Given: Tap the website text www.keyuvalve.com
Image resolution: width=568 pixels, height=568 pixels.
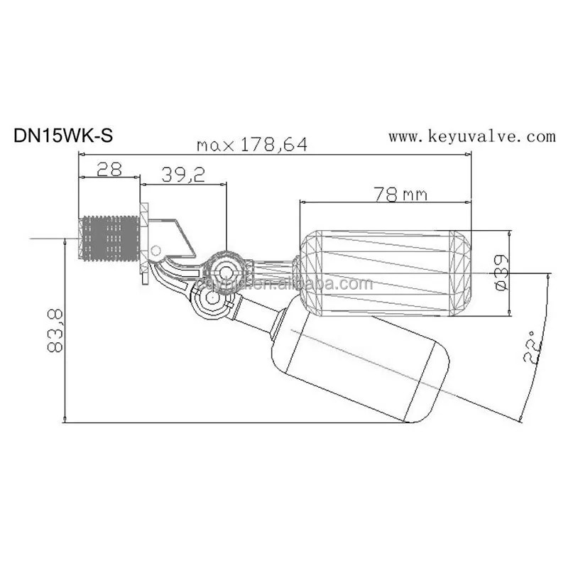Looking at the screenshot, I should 471,136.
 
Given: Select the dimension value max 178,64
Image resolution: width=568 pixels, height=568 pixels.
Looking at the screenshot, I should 252,145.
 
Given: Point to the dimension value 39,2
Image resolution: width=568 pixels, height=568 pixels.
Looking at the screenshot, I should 183,175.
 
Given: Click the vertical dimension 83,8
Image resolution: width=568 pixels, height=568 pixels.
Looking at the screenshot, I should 55,330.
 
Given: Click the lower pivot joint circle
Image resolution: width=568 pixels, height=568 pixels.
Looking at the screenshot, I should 211,302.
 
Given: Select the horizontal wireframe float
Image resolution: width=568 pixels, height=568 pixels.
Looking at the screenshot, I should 383,272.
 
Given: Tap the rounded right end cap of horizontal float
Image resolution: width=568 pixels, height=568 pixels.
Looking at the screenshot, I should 460,272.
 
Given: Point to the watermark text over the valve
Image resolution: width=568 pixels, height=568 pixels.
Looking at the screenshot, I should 284,285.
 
